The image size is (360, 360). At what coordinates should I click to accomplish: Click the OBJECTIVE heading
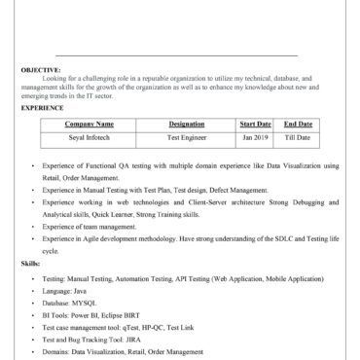(40, 70)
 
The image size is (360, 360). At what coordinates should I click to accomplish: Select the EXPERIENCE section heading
(42, 108)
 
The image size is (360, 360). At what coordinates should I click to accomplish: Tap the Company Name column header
(90, 125)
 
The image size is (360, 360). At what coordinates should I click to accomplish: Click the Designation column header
(186, 125)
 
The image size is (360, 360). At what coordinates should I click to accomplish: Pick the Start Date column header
(255, 125)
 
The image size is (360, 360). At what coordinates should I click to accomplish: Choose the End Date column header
(298, 125)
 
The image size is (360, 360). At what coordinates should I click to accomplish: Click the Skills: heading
(31, 264)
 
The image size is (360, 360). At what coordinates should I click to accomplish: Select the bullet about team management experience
(90, 226)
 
